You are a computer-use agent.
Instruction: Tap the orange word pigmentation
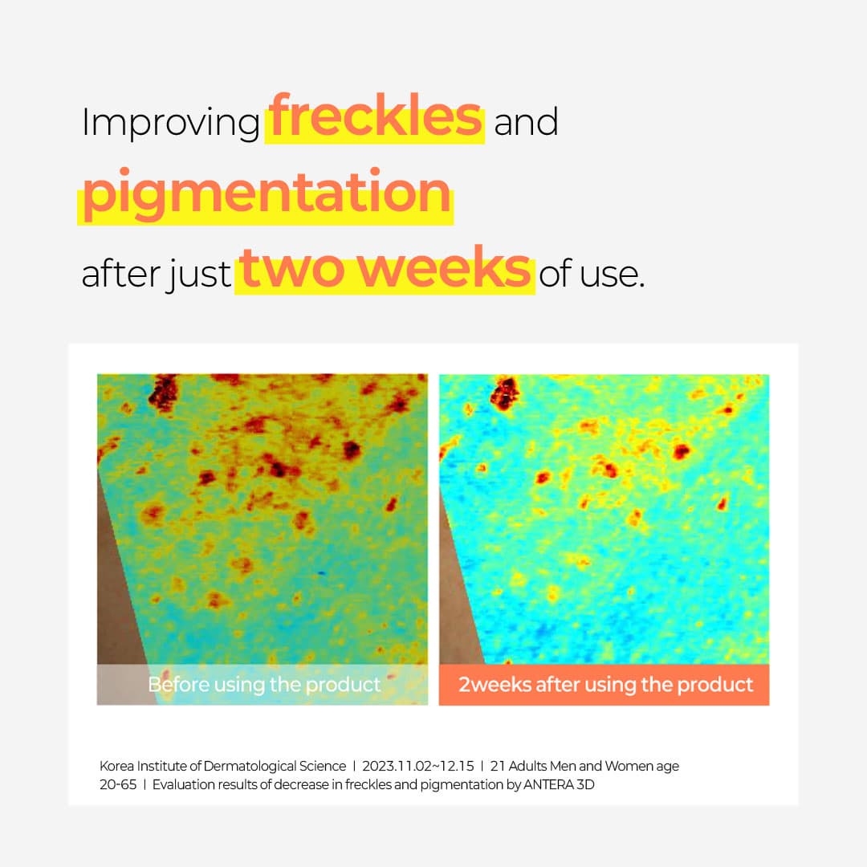click(267, 193)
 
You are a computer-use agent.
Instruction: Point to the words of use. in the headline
click(592, 273)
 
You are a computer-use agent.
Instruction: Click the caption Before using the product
click(264, 685)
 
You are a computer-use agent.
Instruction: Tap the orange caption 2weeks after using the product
click(605, 685)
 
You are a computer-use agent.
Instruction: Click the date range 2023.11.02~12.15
click(418, 766)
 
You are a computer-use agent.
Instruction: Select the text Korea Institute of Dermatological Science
click(223, 766)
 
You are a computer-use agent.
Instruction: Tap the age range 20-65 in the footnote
click(118, 784)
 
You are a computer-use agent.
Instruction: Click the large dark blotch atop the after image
click(504, 393)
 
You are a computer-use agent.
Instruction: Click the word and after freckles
click(526, 122)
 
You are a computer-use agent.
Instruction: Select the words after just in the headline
click(156, 275)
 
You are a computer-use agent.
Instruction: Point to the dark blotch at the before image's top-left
click(163, 391)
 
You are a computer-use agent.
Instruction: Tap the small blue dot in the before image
click(321, 573)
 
